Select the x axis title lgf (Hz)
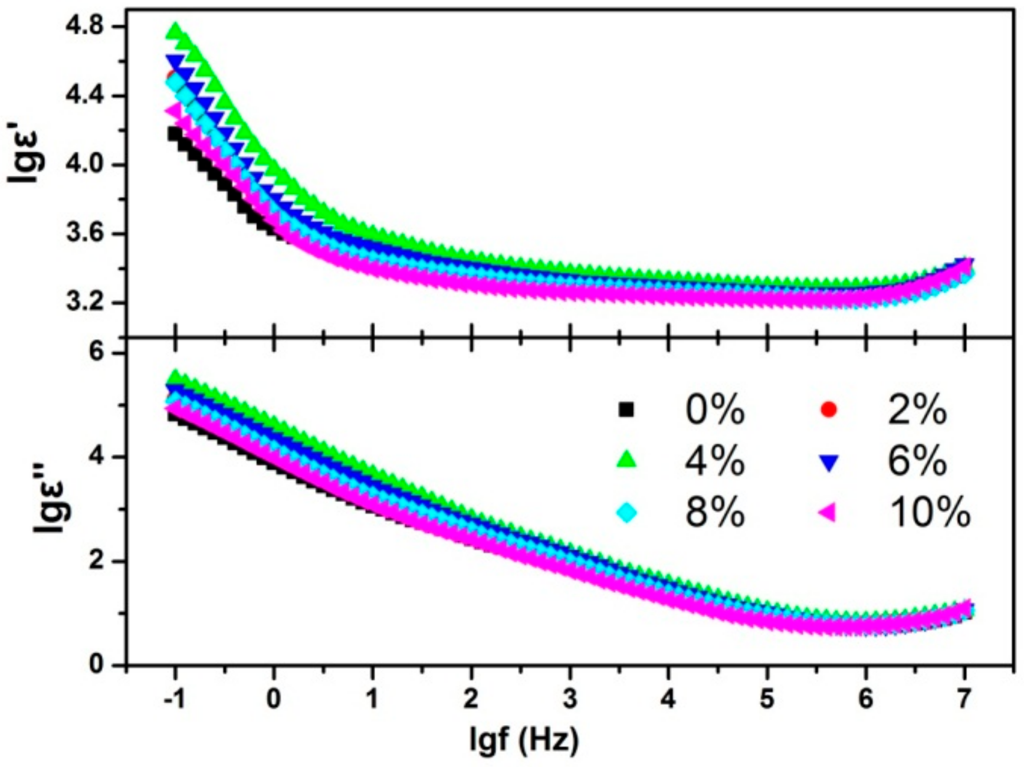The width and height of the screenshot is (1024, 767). pyautogui.click(x=524, y=739)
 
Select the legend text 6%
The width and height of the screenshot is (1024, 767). pyautogui.click(x=917, y=460)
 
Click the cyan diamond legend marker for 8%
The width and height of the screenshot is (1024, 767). pyautogui.click(x=627, y=512)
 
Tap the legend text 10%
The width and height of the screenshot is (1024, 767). pyautogui.click(x=929, y=512)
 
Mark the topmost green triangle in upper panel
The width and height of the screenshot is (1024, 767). pyautogui.click(x=174, y=30)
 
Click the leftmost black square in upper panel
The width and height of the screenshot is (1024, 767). pyautogui.click(x=174, y=133)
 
